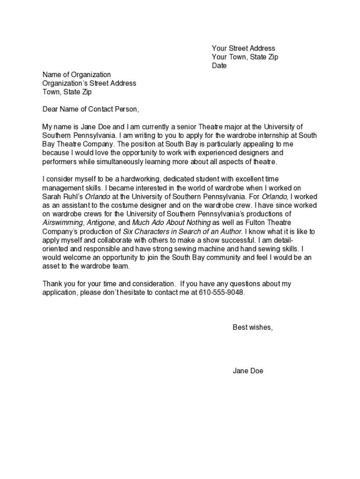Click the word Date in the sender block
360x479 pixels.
219,66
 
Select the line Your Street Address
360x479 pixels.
243,48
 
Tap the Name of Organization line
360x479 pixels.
77,75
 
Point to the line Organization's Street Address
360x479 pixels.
89,83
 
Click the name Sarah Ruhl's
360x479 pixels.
62,196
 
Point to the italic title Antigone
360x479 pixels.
98,223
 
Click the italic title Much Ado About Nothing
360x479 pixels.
171,223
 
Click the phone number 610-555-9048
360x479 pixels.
221,292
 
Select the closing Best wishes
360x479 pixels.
252,327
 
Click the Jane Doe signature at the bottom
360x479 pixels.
248,371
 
